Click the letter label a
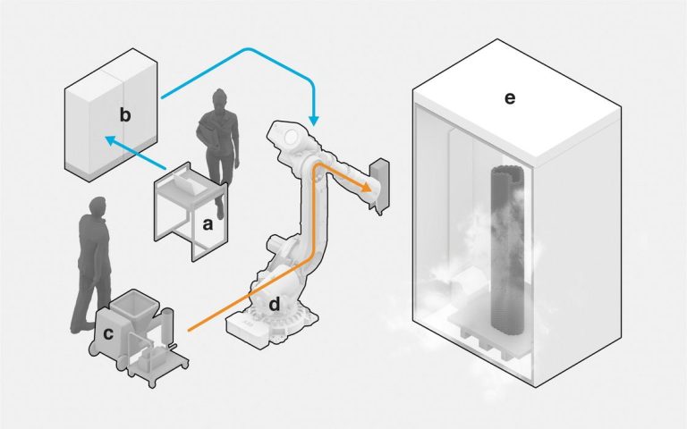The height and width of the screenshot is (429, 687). click(208, 224)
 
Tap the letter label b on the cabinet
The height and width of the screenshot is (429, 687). click(126, 114)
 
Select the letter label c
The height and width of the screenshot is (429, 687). click(108, 333)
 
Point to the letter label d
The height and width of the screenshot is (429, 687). click(275, 306)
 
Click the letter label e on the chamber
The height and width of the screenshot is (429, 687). click(509, 98)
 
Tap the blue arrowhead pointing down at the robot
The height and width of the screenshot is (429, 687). click(312, 119)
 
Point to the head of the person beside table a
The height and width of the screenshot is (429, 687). click(221, 101)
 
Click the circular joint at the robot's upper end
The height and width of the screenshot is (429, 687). click(291, 139)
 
